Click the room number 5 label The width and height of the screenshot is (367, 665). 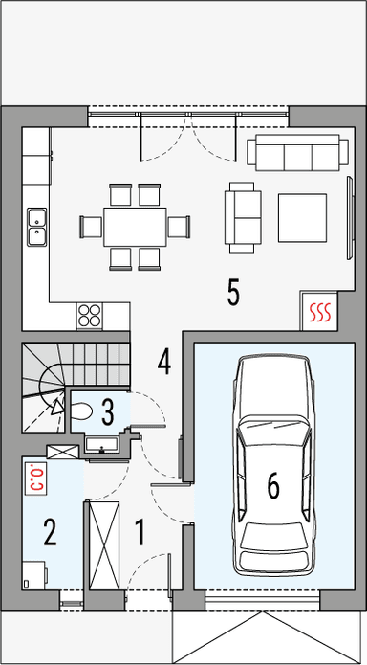pyautogui.click(x=232, y=293)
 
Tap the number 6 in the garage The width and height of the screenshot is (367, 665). pyautogui.click(x=273, y=486)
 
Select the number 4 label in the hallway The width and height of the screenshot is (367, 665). pyautogui.click(x=164, y=362)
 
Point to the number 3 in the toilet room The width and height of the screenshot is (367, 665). pyautogui.click(x=108, y=411)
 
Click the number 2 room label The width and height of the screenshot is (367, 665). pyautogui.click(x=50, y=532)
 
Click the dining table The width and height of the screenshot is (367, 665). pyautogui.click(x=133, y=226)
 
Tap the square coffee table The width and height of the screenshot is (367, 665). pyautogui.click(x=303, y=217)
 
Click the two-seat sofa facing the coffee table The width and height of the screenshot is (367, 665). pyautogui.click(x=243, y=216)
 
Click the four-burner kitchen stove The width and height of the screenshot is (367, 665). pyautogui.click(x=90, y=314)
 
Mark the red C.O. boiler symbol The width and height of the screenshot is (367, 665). pyautogui.click(x=38, y=476)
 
